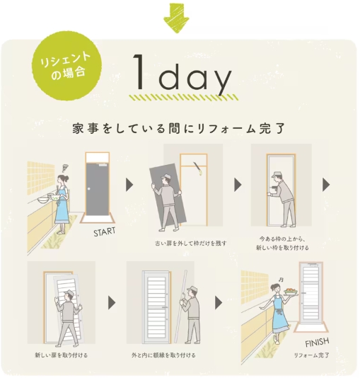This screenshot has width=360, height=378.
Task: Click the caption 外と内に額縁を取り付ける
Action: click(x=163, y=354)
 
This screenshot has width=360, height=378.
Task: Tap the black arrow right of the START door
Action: click(x=129, y=185)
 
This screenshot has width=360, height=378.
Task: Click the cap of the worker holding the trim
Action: click(x=190, y=287)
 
